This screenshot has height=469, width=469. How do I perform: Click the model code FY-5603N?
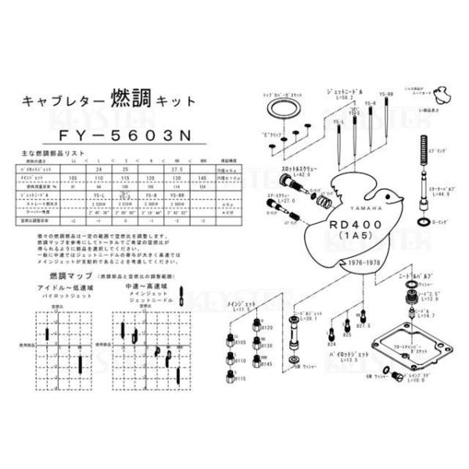pos(125,134)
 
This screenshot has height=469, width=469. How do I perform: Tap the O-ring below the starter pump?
pos(423,223)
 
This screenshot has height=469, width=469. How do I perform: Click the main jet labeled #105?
pos(227,337)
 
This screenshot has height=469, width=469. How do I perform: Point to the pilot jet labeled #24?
pos(332,333)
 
